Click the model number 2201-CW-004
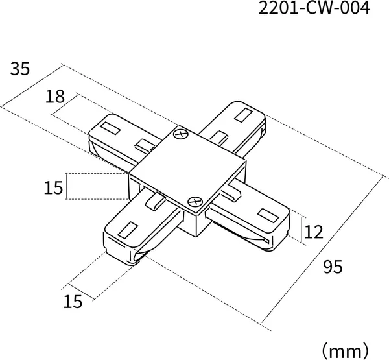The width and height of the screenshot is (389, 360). click(314, 8)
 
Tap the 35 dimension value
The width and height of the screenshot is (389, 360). click(20, 69)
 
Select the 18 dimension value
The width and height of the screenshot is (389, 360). click(55, 97)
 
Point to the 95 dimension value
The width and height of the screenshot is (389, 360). click(333, 267)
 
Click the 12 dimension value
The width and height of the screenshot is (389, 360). click(314, 232)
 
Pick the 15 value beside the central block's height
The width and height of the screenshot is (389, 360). click(53, 187)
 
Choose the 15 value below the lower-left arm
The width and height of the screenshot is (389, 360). click(73, 302)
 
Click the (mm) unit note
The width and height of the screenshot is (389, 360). click(345, 351)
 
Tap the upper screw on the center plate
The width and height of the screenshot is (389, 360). click(181, 134)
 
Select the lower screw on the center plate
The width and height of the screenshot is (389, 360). click(195, 201)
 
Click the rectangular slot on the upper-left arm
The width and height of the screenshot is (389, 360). click(110, 128)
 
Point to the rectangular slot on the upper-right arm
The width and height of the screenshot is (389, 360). click(244, 115)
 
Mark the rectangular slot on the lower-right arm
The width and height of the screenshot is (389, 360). click(268, 215)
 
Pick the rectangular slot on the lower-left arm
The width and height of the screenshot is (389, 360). click(128, 229)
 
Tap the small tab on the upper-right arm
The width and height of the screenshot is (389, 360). click(219, 138)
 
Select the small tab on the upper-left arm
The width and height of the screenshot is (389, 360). click(145, 146)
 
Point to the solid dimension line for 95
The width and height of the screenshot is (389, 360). click(322, 251)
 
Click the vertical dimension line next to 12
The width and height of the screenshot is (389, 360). click(301, 230)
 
